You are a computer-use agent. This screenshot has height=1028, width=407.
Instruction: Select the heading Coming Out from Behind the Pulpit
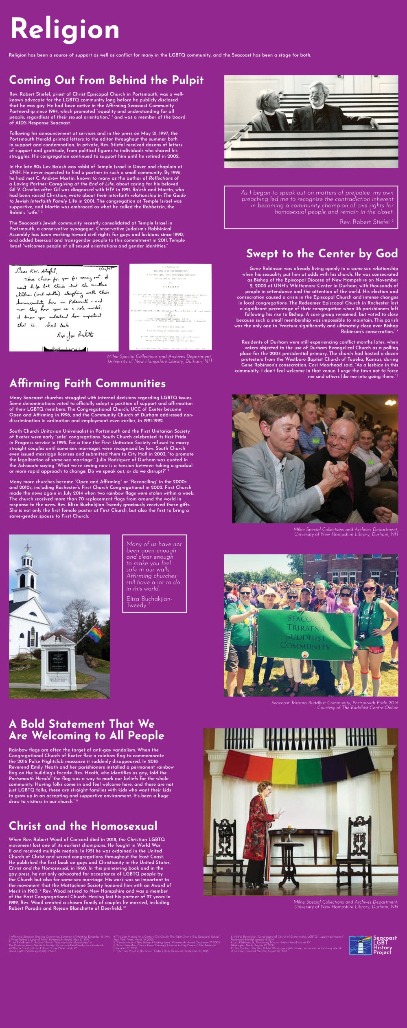(106, 80)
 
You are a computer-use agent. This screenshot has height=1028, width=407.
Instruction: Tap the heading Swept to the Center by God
(322, 254)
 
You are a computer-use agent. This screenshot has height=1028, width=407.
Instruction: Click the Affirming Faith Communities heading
(88, 383)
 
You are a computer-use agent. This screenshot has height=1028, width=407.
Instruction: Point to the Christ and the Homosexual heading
(83, 826)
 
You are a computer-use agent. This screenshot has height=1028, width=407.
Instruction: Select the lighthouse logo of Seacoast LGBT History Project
(360, 945)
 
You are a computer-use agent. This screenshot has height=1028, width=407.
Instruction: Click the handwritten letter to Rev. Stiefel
(64, 307)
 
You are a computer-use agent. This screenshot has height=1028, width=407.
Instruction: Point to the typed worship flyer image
(170, 307)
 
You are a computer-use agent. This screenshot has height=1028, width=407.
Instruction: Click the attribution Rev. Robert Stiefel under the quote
(365, 222)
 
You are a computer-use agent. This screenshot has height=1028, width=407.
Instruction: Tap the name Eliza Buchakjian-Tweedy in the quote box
(149, 602)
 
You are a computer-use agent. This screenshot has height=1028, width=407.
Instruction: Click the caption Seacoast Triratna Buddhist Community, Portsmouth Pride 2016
(335, 703)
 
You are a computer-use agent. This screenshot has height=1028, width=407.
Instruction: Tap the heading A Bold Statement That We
(81, 724)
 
